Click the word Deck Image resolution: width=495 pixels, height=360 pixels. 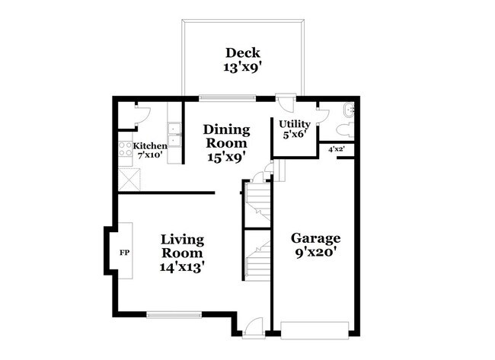[242, 53]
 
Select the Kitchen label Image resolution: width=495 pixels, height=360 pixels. [150, 145]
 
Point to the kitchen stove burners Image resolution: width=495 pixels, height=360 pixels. [124, 148]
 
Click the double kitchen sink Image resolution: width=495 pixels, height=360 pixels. [175, 134]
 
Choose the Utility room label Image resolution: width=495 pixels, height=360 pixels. [294, 123]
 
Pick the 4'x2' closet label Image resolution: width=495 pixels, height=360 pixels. [336, 149]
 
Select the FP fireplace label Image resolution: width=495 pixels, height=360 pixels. [123, 251]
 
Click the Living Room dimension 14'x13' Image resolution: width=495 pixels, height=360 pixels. [182, 267]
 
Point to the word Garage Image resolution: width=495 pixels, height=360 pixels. [316, 237]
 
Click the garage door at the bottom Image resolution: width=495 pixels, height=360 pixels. [315, 328]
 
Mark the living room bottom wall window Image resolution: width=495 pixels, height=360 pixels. [173, 313]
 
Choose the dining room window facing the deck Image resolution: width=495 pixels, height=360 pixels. [227, 97]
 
